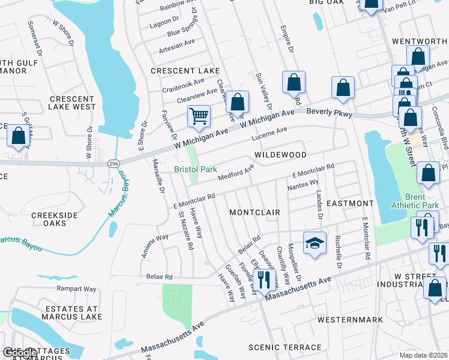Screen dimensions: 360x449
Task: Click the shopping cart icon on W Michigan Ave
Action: [x=199, y=115]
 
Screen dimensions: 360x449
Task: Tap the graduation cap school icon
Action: [x=315, y=243]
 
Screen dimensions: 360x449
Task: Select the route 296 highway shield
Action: [x=112, y=163]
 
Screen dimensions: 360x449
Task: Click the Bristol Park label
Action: [x=196, y=170]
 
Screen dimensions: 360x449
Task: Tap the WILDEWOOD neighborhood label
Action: [x=280, y=155]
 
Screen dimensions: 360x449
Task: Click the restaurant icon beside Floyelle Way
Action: [x=262, y=279]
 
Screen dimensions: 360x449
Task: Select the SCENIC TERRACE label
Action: [x=285, y=347]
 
